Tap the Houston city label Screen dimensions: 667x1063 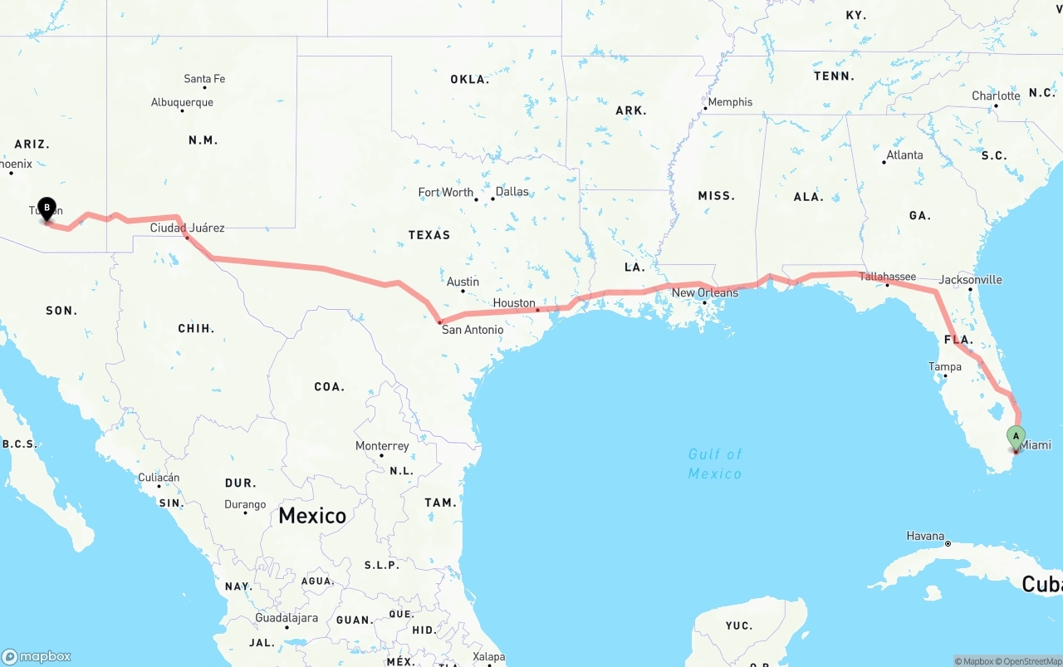click(514, 303)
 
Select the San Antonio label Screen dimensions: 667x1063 click(472, 330)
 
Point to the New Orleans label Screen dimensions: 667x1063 click(704, 292)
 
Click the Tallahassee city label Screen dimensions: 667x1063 click(887, 277)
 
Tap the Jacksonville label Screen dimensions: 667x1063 click(970, 280)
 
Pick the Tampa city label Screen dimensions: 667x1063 click(944, 366)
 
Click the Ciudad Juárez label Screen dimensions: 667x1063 click(187, 228)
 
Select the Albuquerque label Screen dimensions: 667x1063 click(182, 102)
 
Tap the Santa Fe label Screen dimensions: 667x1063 click(204, 79)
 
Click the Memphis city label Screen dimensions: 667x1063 click(730, 102)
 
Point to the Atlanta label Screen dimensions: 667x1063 click(904, 155)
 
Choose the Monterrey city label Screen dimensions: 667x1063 click(382, 446)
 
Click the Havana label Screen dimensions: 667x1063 click(925, 536)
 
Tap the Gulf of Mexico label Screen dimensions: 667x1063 click(715, 463)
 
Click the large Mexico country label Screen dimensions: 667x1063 click(312, 515)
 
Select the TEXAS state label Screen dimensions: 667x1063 click(429, 235)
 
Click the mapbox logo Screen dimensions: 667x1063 click(37, 656)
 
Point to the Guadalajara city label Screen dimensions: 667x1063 click(287, 618)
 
